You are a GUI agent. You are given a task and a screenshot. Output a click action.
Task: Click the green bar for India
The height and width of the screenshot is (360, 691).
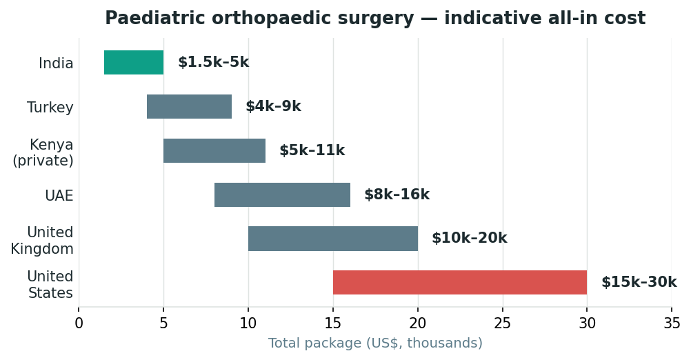click(134, 63)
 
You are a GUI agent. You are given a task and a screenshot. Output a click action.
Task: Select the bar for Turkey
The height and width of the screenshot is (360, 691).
click(189, 107)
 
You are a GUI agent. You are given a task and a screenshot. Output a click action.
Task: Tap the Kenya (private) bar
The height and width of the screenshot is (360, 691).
click(214, 151)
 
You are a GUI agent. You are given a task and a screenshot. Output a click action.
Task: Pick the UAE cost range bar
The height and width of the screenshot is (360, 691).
click(283, 194)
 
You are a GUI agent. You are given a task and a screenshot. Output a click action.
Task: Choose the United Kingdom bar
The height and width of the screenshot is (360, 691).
click(333, 239)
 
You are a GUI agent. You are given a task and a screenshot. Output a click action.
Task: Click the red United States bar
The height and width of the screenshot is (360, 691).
click(460, 283)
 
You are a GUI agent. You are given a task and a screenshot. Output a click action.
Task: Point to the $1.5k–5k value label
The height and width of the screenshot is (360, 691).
click(213, 62)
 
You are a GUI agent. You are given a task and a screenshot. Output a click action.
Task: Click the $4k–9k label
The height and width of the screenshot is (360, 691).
click(273, 106)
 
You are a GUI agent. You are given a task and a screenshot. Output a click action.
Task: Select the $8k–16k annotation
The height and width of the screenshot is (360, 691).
click(397, 194)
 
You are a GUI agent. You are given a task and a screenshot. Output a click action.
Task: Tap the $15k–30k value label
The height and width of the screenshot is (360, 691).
click(639, 282)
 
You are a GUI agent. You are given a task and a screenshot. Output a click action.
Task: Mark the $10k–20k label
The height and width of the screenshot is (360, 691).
click(470, 238)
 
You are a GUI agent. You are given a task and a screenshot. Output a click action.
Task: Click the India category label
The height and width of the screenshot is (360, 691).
click(56, 63)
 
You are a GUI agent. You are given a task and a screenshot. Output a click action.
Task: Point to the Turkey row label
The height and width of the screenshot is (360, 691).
click(50, 108)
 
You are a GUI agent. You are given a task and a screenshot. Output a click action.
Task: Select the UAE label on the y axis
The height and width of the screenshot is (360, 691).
click(59, 196)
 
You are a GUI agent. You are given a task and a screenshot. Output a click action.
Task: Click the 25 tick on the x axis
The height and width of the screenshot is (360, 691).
click(502, 323)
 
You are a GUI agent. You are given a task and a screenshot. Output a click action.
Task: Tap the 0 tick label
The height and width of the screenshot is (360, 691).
click(79, 323)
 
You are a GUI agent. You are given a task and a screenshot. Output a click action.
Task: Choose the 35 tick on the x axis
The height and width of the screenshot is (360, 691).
click(672, 323)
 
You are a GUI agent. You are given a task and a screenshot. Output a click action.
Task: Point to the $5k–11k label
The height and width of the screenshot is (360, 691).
click(312, 150)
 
